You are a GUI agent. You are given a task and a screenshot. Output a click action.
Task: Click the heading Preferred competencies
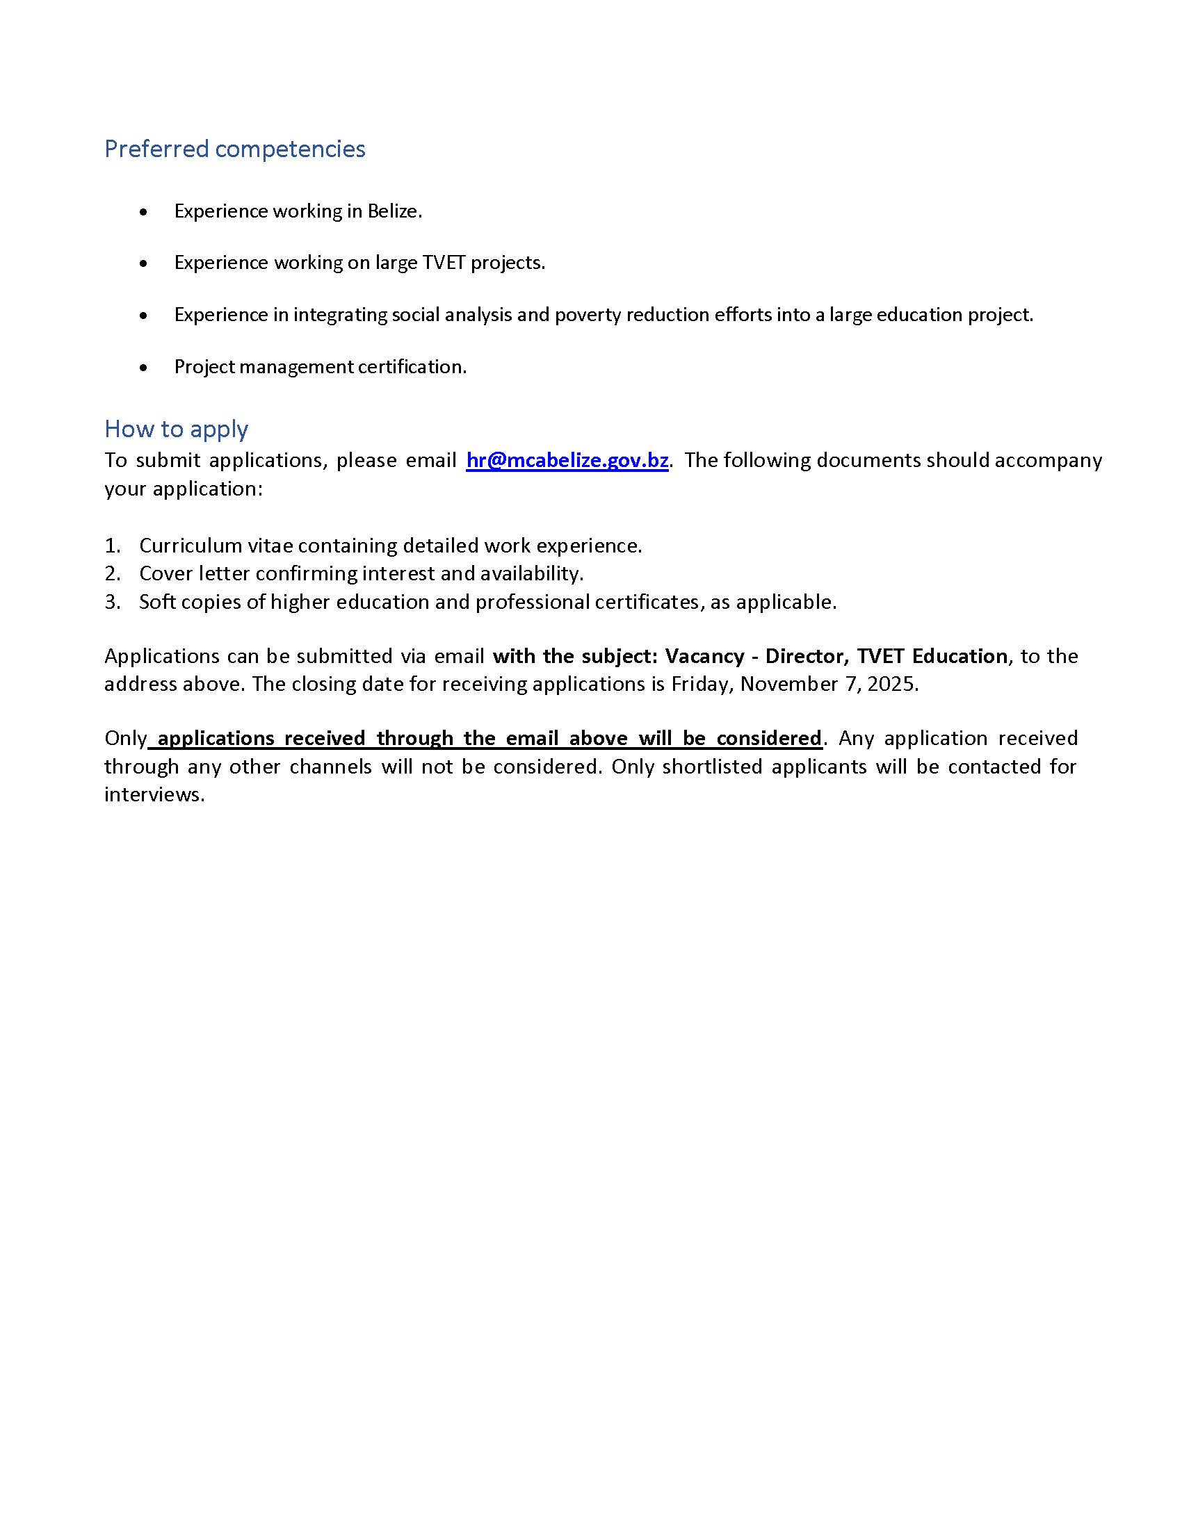234,149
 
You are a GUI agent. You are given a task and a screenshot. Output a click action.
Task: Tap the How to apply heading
176,428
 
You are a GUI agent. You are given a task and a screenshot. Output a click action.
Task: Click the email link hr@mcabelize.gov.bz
567,460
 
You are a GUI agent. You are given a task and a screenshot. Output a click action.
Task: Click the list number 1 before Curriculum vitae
112,546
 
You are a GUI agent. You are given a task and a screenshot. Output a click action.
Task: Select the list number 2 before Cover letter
112,573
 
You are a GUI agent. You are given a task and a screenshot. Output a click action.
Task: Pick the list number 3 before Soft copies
112,602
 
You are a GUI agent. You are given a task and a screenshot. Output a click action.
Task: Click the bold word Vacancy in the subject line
704,656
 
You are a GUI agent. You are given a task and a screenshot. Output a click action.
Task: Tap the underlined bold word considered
769,738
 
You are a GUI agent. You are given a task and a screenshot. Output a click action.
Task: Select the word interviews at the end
154,794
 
